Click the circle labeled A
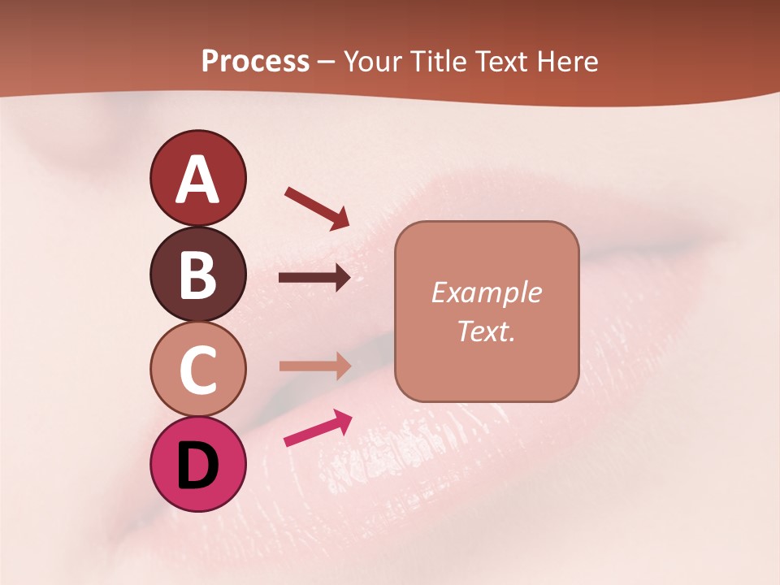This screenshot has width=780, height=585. pyautogui.click(x=197, y=178)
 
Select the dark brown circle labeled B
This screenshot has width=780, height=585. pyautogui.click(x=197, y=274)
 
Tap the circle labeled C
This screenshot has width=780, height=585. pyautogui.click(x=197, y=370)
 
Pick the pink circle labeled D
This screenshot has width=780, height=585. pyautogui.click(x=197, y=464)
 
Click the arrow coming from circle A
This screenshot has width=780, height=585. pyautogui.click(x=317, y=207)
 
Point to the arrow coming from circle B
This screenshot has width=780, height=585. pyautogui.click(x=314, y=278)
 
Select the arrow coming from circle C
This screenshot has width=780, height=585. pyautogui.click(x=314, y=366)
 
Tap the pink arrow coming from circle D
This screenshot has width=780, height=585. pyautogui.click(x=318, y=427)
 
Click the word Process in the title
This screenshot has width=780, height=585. pyautogui.click(x=255, y=62)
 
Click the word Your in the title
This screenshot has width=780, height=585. pyautogui.click(x=372, y=62)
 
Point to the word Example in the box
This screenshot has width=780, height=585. pyautogui.click(x=486, y=292)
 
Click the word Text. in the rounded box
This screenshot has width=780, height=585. pyautogui.click(x=486, y=331)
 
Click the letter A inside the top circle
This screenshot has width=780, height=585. pyautogui.click(x=197, y=180)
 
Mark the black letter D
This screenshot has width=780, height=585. pyautogui.click(x=197, y=466)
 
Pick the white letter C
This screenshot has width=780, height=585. pyautogui.click(x=197, y=370)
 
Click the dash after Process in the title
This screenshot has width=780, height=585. pyautogui.click(x=326, y=63)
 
